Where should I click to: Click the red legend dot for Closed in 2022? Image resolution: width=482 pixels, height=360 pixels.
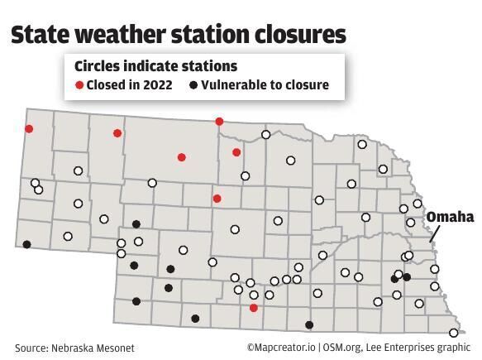[79, 85]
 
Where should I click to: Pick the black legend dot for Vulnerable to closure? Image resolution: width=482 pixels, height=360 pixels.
[194, 85]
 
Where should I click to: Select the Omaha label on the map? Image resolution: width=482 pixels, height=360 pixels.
[450, 217]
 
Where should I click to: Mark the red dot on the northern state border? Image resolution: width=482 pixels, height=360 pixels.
[219, 122]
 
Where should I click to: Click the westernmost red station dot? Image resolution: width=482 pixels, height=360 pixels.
[29, 128]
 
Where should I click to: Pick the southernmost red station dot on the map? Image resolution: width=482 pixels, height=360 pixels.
[254, 308]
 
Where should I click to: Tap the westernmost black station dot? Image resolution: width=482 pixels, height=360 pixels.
[27, 244]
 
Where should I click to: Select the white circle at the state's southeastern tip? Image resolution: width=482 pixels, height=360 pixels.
[454, 332]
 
